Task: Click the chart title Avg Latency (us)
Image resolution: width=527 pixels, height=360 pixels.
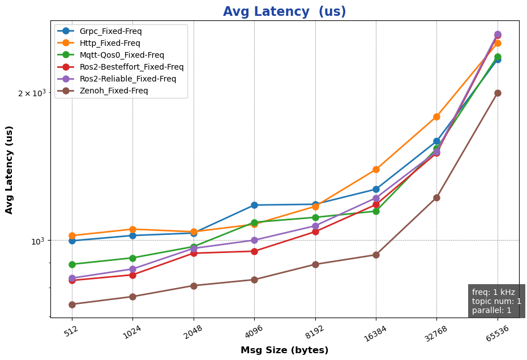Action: click(284, 12)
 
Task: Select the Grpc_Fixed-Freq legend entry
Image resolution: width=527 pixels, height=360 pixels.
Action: click(110, 31)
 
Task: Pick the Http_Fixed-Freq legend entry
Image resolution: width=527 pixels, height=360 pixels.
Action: click(110, 43)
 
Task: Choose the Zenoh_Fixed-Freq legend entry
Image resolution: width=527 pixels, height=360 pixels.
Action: click(114, 91)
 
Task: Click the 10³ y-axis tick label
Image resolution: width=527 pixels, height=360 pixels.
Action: click(37, 241)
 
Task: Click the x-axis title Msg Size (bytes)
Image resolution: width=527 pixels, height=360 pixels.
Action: click(284, 350)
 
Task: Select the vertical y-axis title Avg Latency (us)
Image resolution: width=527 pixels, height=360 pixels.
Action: click(10, 170)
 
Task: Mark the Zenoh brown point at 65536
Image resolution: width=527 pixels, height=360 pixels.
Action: click(498, 93)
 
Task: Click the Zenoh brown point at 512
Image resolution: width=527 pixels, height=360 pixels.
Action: click(72, 305)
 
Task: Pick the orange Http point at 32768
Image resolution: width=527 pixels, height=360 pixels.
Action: click(436, 117)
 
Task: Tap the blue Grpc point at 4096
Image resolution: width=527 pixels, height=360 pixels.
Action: click(254, 205)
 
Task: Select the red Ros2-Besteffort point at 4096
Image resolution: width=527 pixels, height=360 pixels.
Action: click(254, 251)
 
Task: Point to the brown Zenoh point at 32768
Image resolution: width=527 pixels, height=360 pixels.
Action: click(436, 198)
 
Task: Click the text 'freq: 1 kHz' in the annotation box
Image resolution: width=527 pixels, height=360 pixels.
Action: click(493, 292)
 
